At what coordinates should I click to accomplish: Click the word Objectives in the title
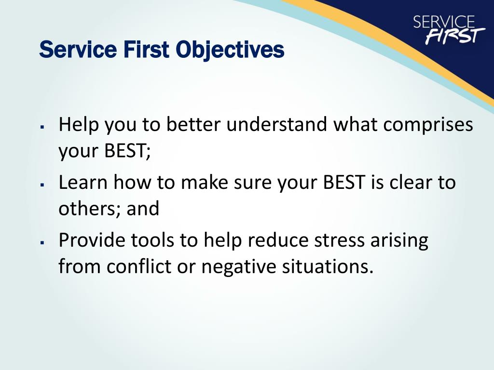coord(230,50)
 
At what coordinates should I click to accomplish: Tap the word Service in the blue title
coord(78,50)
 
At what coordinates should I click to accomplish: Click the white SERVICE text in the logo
coord(444,22)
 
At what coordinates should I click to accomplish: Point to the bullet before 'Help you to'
coord(41,127)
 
